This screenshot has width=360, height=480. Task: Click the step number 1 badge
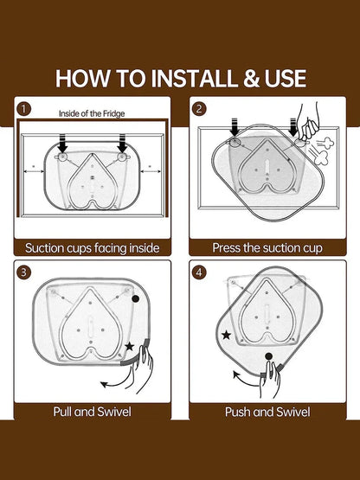24,109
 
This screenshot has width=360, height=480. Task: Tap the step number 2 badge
199,109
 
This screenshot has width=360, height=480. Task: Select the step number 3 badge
24,272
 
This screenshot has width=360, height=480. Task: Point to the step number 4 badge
199,272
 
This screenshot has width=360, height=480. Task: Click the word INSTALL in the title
194,79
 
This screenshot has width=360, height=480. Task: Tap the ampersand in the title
251,79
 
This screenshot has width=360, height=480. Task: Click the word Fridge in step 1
113,113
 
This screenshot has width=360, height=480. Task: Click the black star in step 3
130,347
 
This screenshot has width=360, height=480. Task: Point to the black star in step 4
226,335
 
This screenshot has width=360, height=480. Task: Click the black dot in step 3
135,298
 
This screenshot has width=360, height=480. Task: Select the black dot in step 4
268,356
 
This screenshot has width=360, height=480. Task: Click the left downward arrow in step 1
62,143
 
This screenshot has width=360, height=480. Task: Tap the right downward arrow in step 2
292,127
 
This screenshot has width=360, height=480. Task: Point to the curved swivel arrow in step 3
118,382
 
